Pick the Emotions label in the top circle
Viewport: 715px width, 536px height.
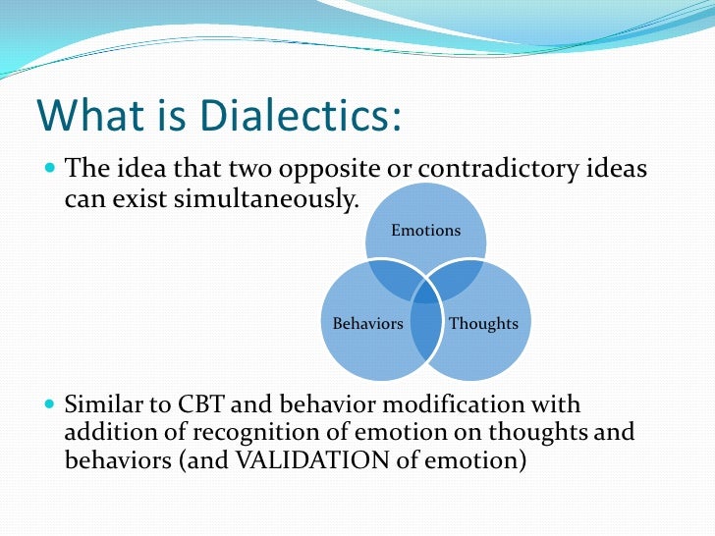pyautogui.click(x=425, y=231)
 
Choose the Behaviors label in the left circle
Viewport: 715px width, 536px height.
pyautogui.click(x=367, y=323)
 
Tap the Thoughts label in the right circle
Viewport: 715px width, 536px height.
pyautogui.click(x=483, y=323)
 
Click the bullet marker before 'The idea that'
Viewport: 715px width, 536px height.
pyautogui.click(x=51, y=169)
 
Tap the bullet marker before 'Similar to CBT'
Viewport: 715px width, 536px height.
pyautogui.click(x=51, y=404)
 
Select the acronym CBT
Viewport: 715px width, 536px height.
pyautogui.click(x=201, y=404)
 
